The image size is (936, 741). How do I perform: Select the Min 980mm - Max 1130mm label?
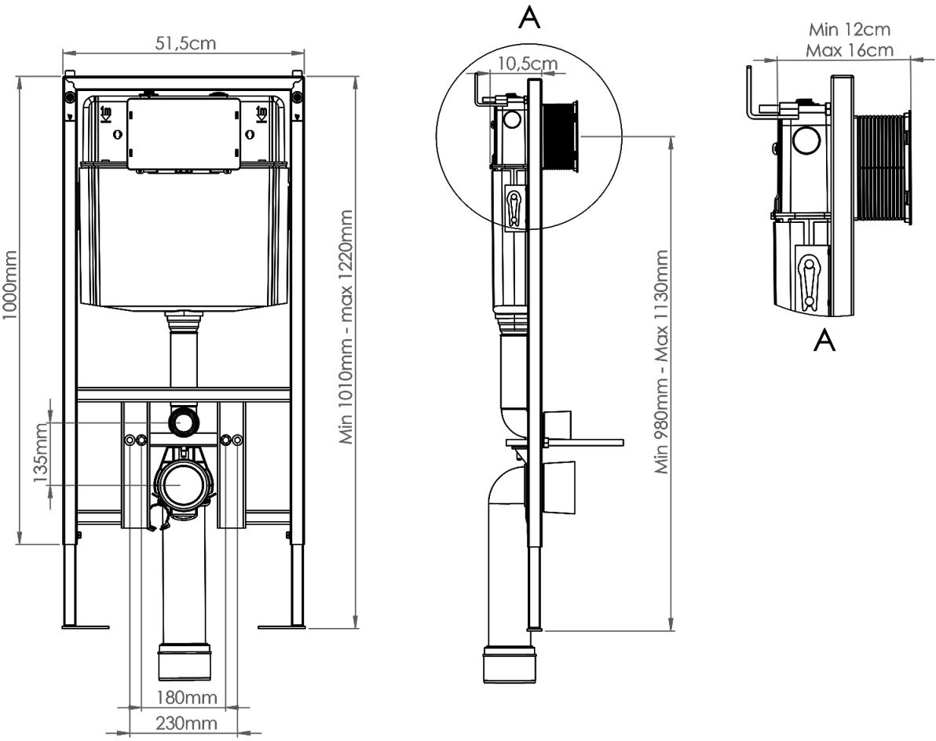[662, 362]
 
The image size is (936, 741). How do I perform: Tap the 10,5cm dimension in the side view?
[525, 63]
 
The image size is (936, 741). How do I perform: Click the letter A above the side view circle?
[531, 19]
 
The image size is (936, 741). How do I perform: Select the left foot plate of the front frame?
[86, 626]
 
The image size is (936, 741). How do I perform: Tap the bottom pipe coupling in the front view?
[185, 662]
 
